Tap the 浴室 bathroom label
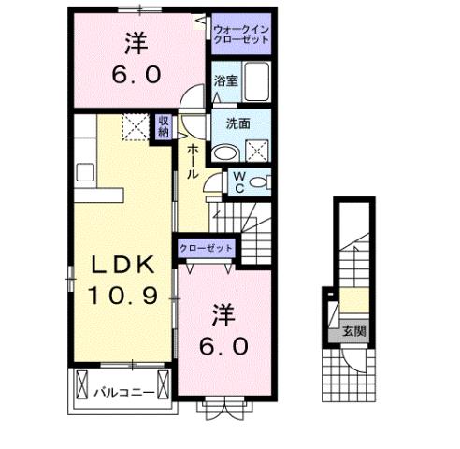[x=224, y=81]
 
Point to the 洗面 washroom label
[x=237, y=123]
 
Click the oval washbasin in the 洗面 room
[x=225, y=153]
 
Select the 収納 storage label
[x=164, y=126]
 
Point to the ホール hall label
[x=192, y=162]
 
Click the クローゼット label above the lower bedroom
[x=205, y=248]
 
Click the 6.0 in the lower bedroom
[x=223, y=347]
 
